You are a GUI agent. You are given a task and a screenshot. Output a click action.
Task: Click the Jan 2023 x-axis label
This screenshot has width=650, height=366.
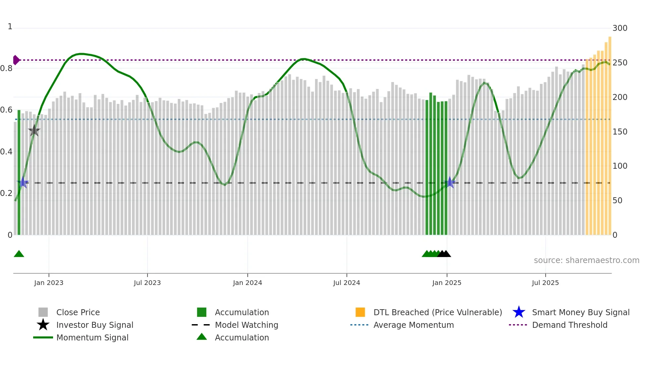point(49,283)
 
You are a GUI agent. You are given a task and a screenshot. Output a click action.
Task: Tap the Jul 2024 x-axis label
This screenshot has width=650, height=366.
point(347,283)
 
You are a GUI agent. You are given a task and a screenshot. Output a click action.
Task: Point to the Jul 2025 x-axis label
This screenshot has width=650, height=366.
point(545,283)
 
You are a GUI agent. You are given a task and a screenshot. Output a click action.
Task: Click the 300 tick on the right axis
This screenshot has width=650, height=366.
point(620,28)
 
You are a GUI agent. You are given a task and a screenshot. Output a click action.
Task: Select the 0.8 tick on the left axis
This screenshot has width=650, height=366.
point(6,68)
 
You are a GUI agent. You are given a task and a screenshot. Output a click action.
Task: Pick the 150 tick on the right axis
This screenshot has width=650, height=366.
point(620,132)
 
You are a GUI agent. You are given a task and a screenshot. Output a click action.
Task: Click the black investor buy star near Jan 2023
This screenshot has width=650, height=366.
point(34,131)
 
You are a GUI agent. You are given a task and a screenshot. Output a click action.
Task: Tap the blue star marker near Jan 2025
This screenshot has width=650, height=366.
point(450,182)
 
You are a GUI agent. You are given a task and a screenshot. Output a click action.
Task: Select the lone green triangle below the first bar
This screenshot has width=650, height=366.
point(19,254)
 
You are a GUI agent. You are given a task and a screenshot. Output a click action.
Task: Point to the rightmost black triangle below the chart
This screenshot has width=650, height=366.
point(446,254)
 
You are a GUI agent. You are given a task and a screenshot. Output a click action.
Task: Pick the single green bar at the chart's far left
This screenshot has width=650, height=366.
point(19,173)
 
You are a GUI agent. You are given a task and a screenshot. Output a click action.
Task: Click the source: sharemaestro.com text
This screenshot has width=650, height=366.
point(586,260)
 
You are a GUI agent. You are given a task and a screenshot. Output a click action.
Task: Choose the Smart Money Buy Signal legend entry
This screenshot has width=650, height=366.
point(580,312)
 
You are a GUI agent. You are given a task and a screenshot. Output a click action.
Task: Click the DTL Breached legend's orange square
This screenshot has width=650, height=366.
point(360,312)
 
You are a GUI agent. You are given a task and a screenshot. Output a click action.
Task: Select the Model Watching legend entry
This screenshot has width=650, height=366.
point(246,325)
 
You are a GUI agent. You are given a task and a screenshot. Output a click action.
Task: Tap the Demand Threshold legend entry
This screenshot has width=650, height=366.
point(569,325)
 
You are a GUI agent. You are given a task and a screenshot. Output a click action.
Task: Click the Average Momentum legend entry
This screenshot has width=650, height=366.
point(413,325)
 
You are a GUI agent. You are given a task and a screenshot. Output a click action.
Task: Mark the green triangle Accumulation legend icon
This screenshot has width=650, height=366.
point(202,337)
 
